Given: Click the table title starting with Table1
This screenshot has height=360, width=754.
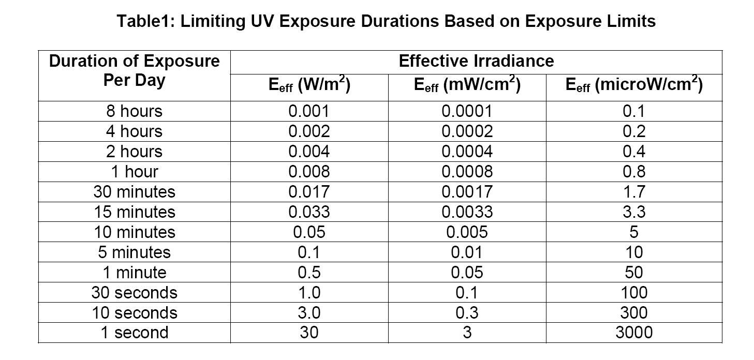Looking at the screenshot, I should click(386, 21).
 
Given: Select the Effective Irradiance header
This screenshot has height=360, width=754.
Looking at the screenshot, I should click(476, 61).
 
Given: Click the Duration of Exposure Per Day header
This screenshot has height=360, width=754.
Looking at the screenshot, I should click(134, 71).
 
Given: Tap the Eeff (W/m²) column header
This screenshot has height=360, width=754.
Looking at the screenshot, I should click(309, 86).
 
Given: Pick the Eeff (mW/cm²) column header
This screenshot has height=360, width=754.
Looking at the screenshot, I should click(467, 86).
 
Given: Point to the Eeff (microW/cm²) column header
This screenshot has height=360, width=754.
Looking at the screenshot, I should click(633, 86).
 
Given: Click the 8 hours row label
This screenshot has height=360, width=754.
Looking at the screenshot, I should click(134, 111).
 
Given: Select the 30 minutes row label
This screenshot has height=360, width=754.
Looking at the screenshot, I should click(134, 192).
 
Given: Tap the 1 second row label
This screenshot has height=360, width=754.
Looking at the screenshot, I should click(134, 333).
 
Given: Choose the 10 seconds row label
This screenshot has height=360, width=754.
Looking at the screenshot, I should click(134, 312).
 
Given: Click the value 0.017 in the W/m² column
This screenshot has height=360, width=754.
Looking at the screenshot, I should click(309, 192).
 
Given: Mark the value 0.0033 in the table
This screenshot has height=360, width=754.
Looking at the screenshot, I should click(467, 212).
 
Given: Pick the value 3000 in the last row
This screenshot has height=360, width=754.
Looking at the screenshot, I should click(633, 333).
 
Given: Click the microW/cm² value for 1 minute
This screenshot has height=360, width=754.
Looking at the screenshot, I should click(633, 273).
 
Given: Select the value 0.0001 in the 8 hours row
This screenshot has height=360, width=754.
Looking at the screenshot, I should click(467, 111).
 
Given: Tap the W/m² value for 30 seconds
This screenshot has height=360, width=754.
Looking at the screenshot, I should click(309, 293).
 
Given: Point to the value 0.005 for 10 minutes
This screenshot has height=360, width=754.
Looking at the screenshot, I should click(467, 232).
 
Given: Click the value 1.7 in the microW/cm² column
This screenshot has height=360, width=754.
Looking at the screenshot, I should click(633, 192).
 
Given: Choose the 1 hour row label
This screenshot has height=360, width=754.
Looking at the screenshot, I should click(134, 172).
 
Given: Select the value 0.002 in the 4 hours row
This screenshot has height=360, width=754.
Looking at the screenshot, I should click(309, 131).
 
